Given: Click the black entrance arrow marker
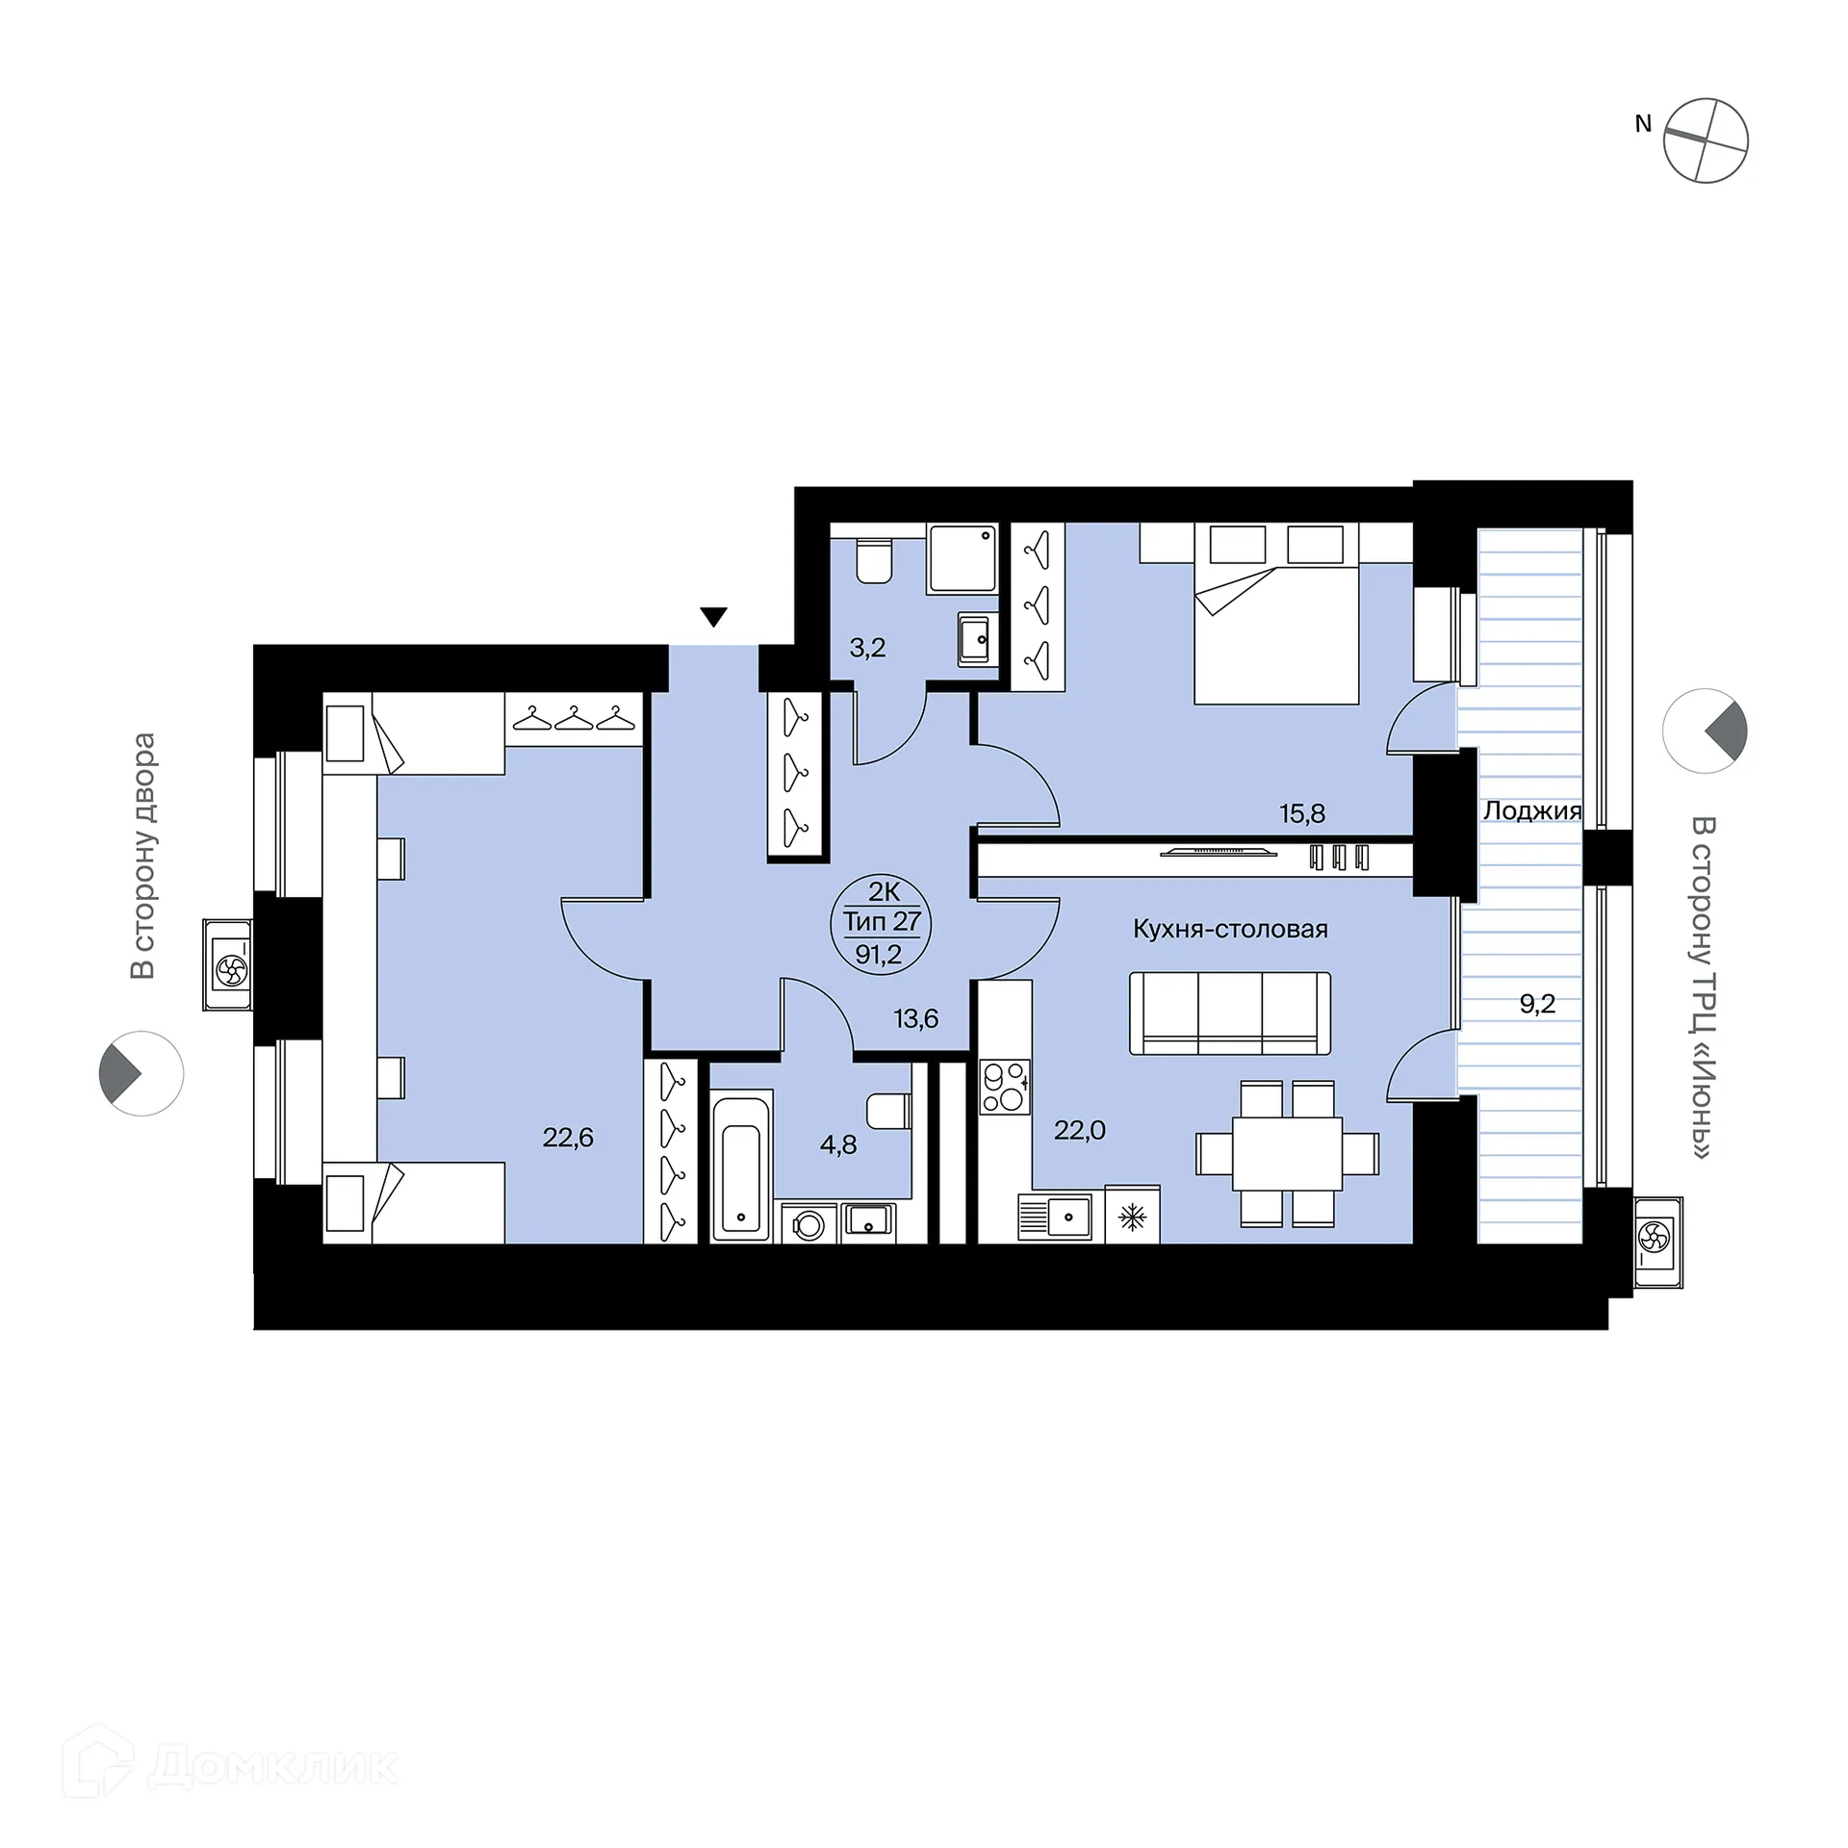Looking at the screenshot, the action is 713,617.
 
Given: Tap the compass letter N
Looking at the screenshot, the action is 1643,123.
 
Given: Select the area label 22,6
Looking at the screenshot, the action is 568,1138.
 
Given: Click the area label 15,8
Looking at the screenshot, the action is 1302,813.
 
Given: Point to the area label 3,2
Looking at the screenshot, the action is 867,648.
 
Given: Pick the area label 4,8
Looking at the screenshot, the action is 838,1144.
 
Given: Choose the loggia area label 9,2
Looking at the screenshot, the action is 1537,1004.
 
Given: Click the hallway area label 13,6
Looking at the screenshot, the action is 915,1018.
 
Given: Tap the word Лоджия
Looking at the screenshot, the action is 1532,810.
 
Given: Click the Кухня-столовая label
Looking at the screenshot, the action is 1230,929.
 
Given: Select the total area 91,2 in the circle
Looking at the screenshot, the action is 879,954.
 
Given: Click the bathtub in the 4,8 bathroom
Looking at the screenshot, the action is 741,1165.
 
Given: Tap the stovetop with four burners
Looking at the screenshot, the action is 1005,1087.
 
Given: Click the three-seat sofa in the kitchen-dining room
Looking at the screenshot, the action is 1230,1014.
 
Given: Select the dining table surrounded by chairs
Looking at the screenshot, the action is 1288,1153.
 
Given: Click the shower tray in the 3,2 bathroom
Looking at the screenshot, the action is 962,558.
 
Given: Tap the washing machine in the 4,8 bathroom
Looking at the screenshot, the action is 808,1223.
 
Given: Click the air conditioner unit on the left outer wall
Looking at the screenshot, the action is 228,964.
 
